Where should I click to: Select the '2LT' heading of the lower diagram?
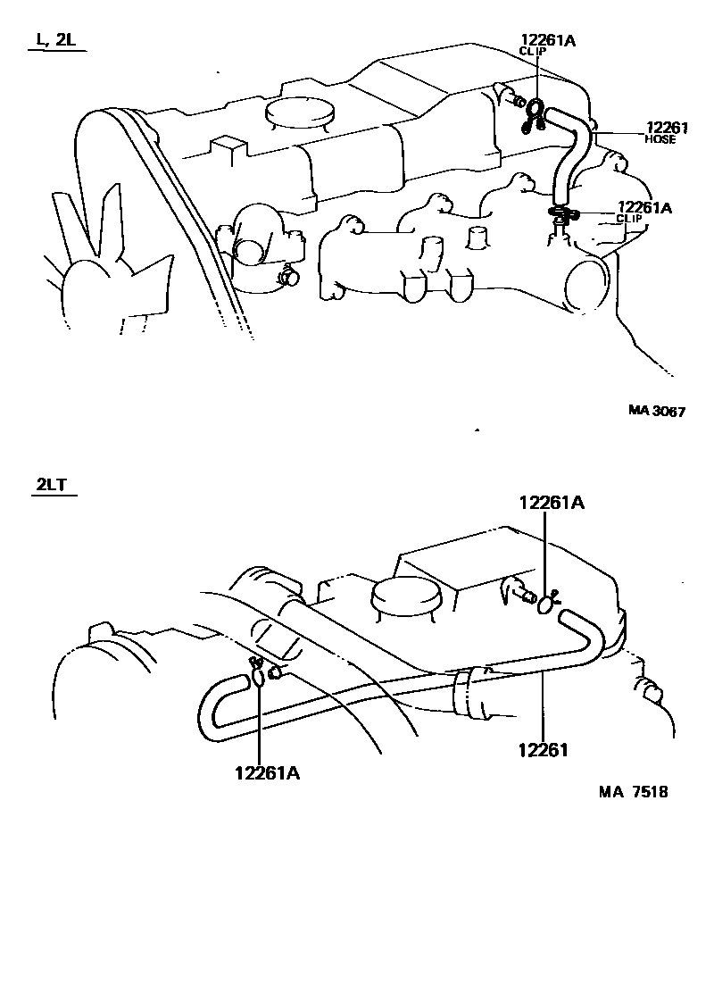coord(52,486)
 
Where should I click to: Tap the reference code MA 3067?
coord(656,411)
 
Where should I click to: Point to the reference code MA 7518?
coord(634,792)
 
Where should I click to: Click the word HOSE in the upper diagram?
coord(660,140)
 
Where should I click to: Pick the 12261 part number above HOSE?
coord(661,128)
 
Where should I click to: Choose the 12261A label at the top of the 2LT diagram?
coord(552,503)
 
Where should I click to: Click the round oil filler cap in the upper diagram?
coord(300,113)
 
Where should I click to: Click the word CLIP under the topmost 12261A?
coord(533,52)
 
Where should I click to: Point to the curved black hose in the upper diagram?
coord(571,152)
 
